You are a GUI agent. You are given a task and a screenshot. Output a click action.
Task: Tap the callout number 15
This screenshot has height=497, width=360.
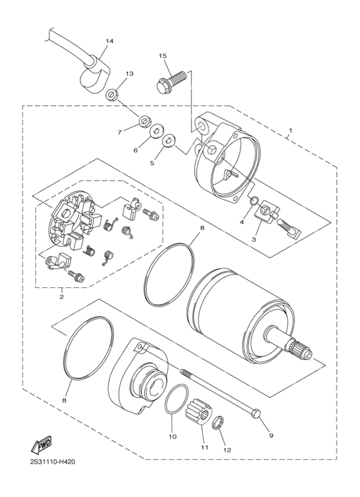pos(163,56)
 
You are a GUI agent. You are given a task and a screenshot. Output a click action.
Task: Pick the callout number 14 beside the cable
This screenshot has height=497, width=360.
pos(109,41)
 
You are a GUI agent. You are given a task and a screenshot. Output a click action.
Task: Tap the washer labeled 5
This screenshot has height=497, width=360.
pos(169,140)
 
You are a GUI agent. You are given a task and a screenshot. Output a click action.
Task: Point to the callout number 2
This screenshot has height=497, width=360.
pos(62,297)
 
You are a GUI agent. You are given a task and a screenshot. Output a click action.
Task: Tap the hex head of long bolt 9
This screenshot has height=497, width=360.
pos(257,412)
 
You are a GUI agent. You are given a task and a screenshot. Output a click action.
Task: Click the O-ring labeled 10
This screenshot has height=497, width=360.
pos(175,401)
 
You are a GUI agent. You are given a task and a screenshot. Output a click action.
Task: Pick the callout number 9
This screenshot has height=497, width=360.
pos(271,435)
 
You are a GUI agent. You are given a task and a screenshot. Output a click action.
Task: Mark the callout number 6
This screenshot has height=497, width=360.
pos(136,150)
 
